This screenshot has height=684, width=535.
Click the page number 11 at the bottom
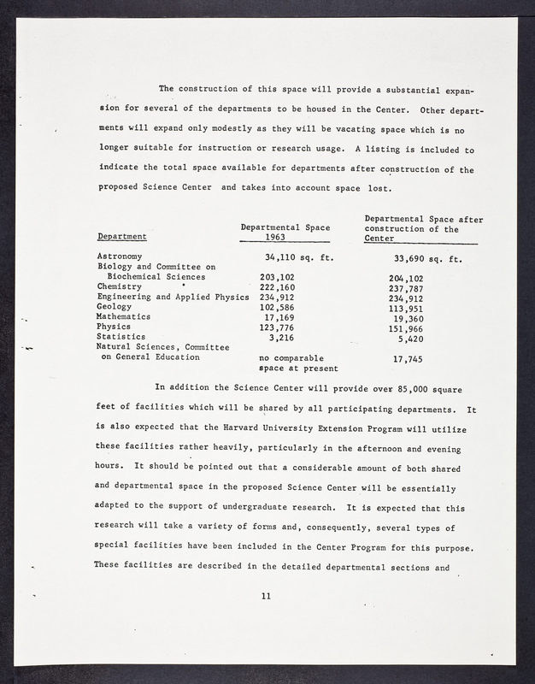tap(267, 596)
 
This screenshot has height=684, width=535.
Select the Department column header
tap(122, 236)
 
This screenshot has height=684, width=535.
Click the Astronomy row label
tap(120, 256)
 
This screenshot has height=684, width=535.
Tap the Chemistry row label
tap(119, 286)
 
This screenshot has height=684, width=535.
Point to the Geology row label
tap(115, 306)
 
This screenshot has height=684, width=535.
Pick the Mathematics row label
tap(124, 316)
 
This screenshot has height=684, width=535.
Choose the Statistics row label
tap(121, 337)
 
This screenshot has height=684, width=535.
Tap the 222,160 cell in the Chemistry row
tap(277, 286)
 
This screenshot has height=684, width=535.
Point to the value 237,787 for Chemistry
tap(406, 288)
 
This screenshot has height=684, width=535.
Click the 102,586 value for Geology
tap(277, 306)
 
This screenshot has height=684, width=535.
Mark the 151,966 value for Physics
tap(406, 328)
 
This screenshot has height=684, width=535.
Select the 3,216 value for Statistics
tap(281, 337)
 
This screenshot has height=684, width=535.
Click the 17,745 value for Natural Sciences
tap(409, 360)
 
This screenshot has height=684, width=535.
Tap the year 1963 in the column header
tap(275, 237)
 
